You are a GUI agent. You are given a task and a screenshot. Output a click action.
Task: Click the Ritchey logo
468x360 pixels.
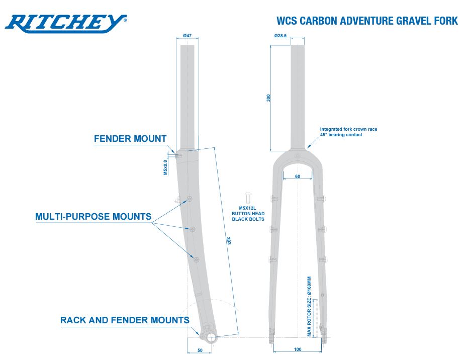(x=66, y=23)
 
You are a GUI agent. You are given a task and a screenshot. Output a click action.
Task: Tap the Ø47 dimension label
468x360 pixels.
(x=188, y=36)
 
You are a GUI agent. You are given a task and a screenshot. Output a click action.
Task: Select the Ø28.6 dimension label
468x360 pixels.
(x=280, y=36)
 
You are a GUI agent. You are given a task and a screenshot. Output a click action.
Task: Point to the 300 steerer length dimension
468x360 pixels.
(x=268, y=98)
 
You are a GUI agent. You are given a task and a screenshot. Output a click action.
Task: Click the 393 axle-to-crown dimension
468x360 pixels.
(x=229, y=241)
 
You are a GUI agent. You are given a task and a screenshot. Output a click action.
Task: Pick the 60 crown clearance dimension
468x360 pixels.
(x=298, y=176)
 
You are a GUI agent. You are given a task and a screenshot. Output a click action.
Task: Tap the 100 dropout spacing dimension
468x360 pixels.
(x=298, y=349)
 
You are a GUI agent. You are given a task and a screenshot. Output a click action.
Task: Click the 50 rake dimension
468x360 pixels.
(x=200, y=350)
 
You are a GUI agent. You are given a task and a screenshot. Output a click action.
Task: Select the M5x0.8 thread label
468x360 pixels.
(x=165, y=167)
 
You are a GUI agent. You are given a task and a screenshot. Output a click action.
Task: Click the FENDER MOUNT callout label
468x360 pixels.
(x=130, y=139)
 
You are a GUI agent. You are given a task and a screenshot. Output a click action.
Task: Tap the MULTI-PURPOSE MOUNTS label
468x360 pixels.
(x=93, y=217)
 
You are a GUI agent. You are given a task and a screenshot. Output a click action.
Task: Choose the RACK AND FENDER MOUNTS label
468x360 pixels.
(x=125, y=320)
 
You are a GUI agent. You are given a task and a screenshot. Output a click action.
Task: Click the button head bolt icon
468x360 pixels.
(x=248, y=198)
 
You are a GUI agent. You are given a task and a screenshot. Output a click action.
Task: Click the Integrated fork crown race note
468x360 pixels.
(x=348, y=132)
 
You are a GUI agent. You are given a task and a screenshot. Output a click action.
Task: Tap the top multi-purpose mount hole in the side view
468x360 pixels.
(x=189, y=199)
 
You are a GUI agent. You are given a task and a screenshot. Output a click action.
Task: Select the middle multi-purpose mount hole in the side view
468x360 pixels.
(x=193, y=229)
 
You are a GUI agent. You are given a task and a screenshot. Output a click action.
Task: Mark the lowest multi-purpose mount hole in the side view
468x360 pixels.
(x=197, y=260)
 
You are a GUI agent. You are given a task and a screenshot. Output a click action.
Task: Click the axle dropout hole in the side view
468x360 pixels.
(x=211, y=338)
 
